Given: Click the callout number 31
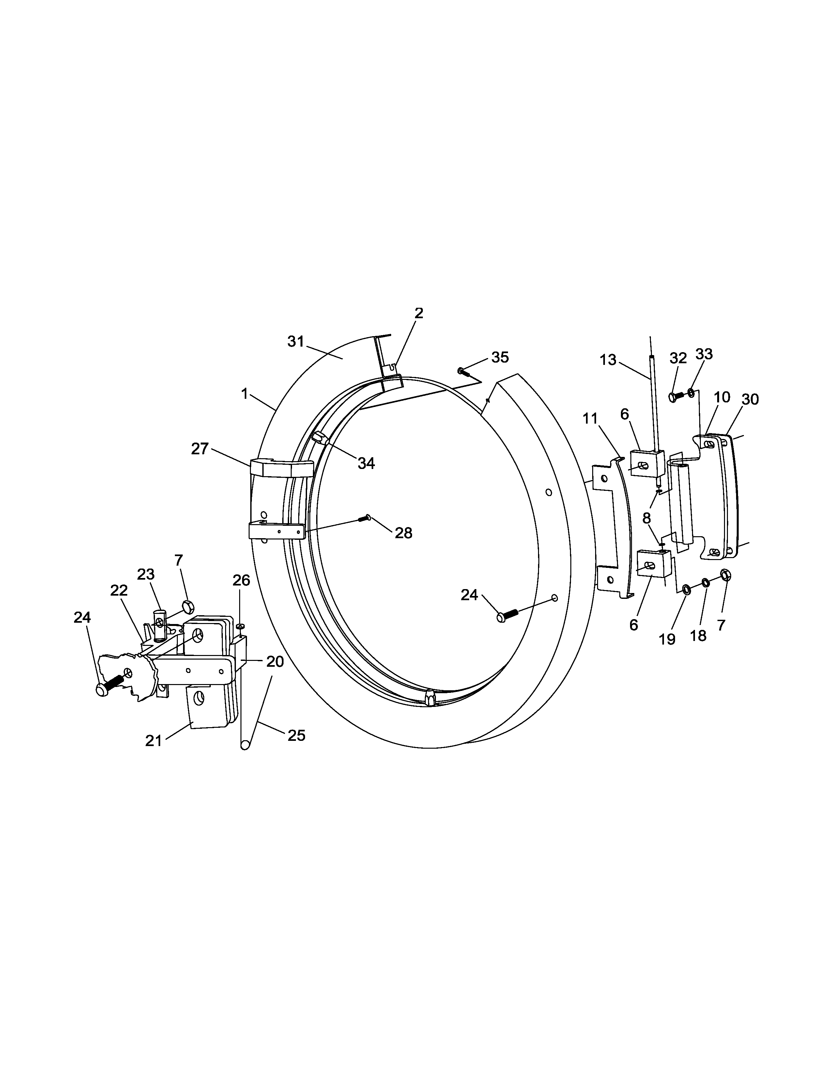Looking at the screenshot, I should (x=296, y=341).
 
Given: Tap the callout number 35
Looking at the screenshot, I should (x=500, y=357).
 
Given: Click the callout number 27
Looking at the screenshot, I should (x=200, y=449).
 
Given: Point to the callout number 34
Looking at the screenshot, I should (x=366, y=463).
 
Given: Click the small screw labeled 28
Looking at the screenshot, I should (x=366, y=517).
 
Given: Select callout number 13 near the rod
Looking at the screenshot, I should (x=608, y=360).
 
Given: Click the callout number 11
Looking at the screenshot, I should (x=590, y=419).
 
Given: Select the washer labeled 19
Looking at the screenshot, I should (x=686, y=588).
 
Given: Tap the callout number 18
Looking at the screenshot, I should (x=698, y=636).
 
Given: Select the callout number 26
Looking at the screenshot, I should (x=241, y=580).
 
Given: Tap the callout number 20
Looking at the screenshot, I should (x=275, y=662).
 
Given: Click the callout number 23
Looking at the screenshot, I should (x=146, y=574).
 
